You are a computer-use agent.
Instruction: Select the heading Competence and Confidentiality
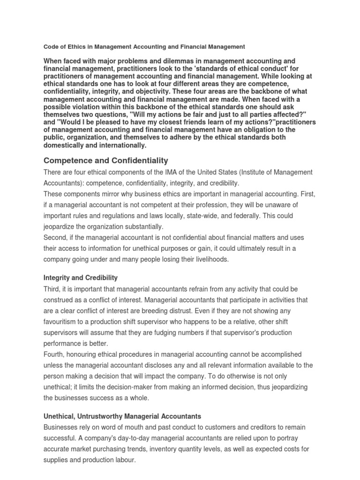pyautogui.click(x=105, y=160)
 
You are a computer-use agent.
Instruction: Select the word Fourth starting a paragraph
pyautogui.click(x=55, y=354)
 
